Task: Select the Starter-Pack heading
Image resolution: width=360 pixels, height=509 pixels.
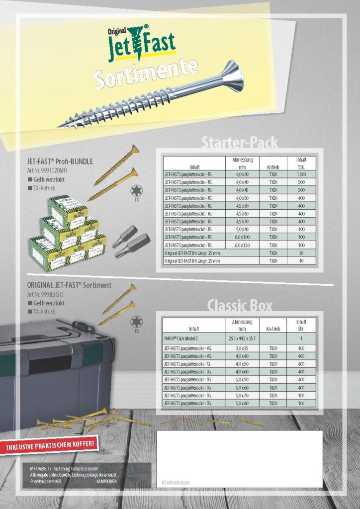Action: pos(239,143)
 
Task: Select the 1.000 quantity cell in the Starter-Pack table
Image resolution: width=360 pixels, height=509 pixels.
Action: pos(301,174)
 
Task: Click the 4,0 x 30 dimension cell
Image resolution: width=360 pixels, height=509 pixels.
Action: pos(242,174)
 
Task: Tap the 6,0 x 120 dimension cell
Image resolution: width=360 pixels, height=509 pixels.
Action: pos(242,245)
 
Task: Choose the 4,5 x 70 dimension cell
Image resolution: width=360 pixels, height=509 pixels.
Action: pos(242,221)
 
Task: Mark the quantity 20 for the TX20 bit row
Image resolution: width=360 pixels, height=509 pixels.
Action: pos(301,253)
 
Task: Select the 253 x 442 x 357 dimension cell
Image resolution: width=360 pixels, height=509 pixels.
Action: pos(242,338)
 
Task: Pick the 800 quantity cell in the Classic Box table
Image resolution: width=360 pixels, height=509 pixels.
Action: pos(301,364)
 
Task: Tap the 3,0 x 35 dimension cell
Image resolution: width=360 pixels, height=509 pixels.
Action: pos(242,348)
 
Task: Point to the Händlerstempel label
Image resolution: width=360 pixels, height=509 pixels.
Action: pos(176,483)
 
